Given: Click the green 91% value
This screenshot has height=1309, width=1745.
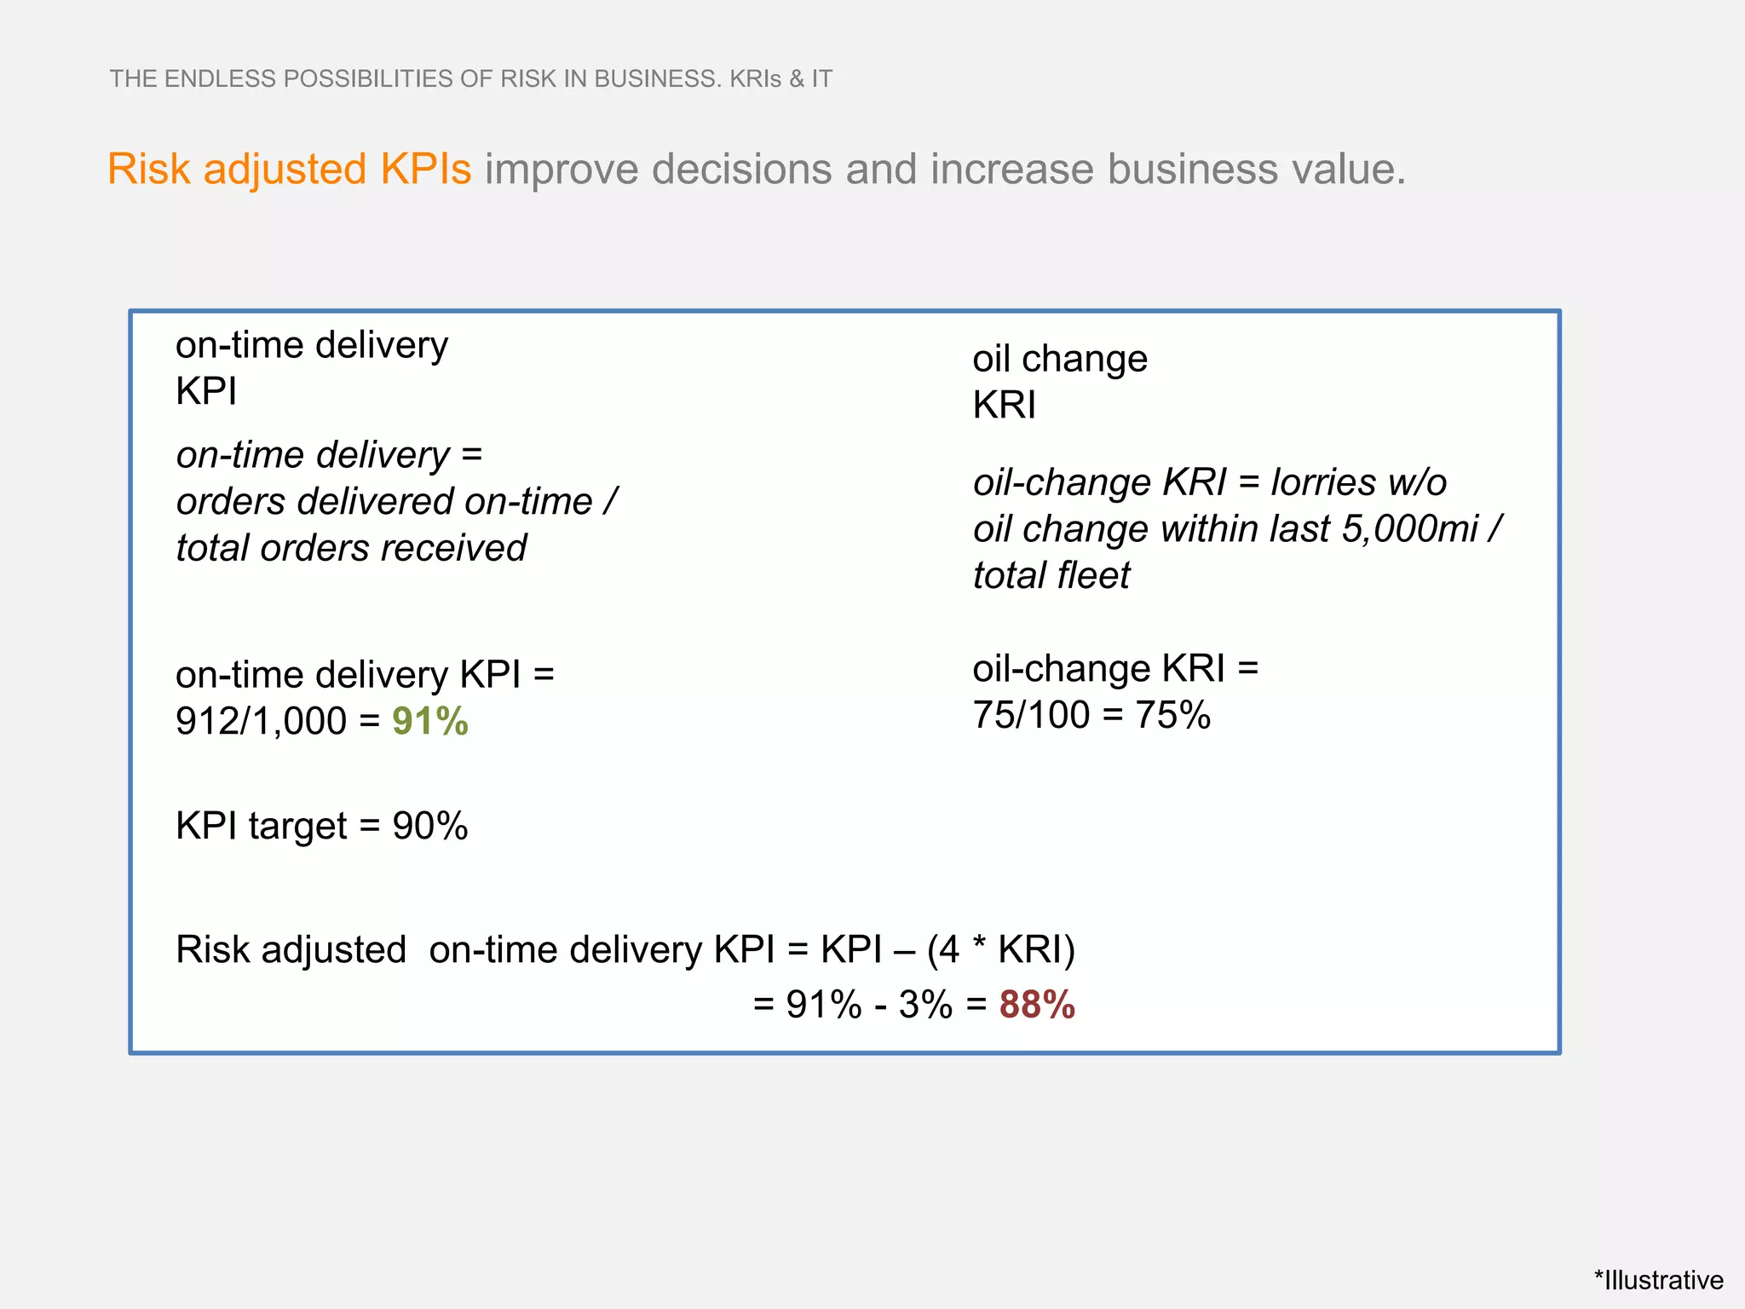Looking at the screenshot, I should [429, 722].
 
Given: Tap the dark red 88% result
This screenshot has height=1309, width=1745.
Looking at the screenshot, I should [1037, 1005].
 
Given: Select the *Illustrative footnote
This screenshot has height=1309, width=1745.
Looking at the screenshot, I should [1658, 1280].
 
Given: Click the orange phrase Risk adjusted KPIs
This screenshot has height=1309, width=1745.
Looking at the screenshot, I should [289, 169].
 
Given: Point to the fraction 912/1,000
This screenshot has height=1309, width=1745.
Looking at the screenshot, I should [261, 722].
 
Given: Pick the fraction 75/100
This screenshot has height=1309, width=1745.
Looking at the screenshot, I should [1031, 715].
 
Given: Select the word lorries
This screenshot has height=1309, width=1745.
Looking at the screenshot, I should [1322, 482].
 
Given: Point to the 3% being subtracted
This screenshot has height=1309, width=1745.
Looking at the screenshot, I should [925, 1005].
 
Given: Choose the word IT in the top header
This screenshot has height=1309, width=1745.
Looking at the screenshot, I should [821, 79].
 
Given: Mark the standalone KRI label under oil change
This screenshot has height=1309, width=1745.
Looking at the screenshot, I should [1004, 405].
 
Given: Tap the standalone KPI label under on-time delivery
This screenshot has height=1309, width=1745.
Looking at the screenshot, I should [206, 392].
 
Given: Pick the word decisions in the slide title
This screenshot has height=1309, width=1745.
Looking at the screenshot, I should [741, 169].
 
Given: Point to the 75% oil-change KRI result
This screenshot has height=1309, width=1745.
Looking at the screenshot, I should [1172, 715].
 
